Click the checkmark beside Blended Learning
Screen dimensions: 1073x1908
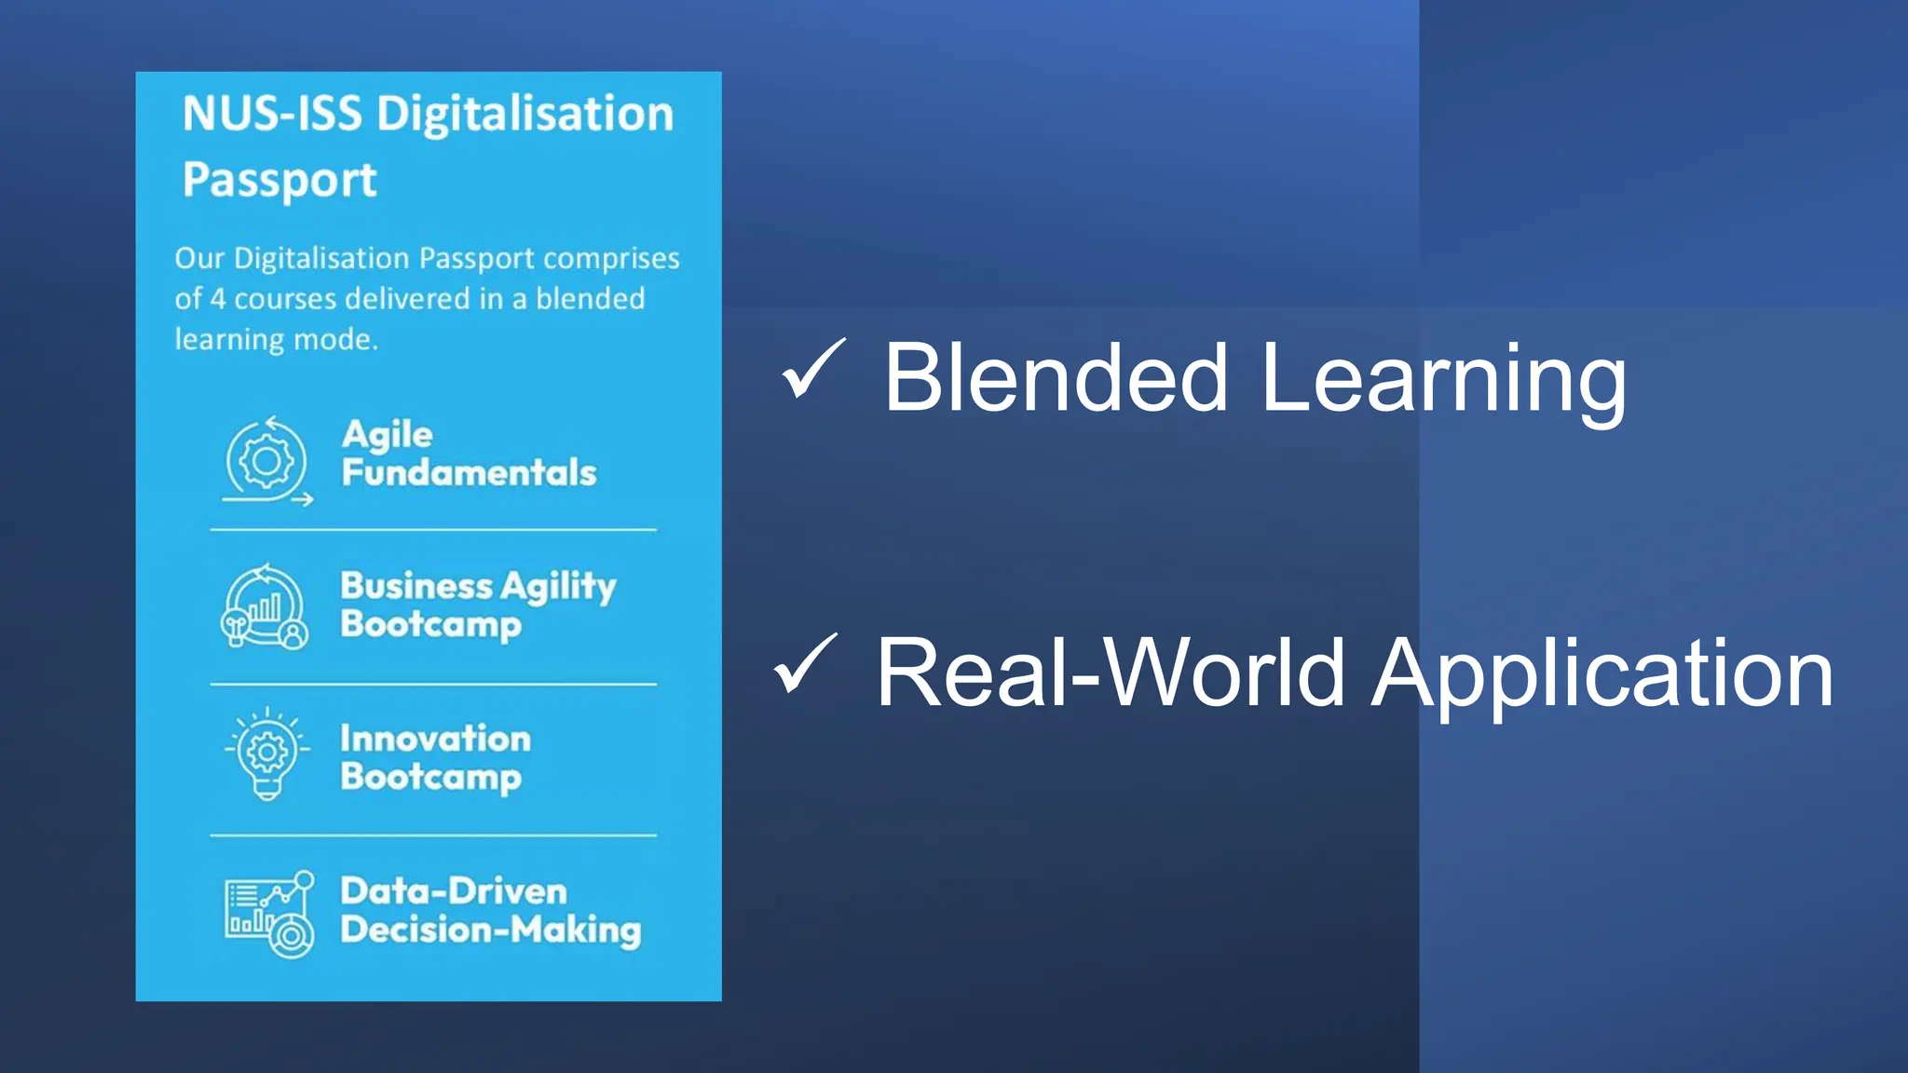[x=813, y=369]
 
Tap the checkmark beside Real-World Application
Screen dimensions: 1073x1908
[x=805, y=664]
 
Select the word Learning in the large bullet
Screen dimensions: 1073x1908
[x=1443, y=380]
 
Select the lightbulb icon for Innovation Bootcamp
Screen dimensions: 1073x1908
[x=267, y=754]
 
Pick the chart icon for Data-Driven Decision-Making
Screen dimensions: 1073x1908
[x=269, y=914]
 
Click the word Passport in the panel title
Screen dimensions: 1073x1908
[x=279, y=181]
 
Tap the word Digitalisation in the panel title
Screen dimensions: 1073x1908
[x=525, y=115]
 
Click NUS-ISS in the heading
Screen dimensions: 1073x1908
[x=272, y=115]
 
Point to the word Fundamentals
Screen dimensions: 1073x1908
[x=469, y=473]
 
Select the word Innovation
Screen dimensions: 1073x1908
[x=435, y=739]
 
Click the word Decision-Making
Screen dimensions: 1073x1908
[x=491, y=930]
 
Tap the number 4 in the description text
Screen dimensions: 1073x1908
[x=217, y=299]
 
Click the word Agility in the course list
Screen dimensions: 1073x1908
[x=558, y=587]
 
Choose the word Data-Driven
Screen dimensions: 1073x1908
[x=454, y=891]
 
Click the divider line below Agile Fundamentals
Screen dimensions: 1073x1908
[x=433, y=530]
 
